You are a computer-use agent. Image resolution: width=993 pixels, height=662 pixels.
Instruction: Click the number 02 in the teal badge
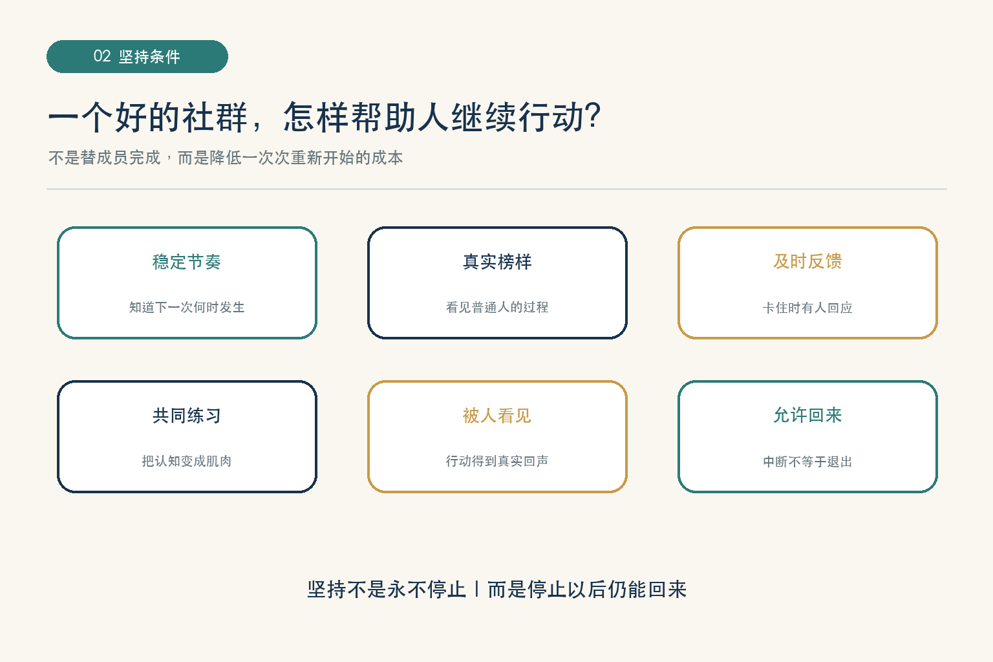pos(102,56)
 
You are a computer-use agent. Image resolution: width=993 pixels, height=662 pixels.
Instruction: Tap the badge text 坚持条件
pos(149,57)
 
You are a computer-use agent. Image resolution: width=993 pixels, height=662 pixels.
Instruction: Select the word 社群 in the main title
pos(215,117)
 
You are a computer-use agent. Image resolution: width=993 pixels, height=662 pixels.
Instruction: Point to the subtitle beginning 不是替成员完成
pos(226,157)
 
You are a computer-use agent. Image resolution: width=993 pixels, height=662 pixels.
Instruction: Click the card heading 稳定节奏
pos(187,262)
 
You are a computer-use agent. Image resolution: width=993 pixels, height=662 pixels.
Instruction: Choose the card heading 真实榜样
pos(497,262)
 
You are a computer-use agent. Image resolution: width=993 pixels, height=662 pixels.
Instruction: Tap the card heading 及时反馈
pos(807,262)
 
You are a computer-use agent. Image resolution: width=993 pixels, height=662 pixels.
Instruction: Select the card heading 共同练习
pos(187,416)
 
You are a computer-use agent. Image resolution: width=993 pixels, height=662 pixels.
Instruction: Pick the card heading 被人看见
pos(497,416)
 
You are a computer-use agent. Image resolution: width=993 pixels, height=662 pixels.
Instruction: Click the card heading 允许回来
pos(807,415)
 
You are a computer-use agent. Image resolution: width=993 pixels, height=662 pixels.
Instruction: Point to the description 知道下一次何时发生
pos(187,307)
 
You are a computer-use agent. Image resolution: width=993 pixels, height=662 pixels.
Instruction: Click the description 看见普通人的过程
pos(497,307)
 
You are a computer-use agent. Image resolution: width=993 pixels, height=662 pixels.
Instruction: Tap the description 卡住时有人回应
pos(807,307)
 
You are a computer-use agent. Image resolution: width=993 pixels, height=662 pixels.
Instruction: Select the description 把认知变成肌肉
pos(187,461)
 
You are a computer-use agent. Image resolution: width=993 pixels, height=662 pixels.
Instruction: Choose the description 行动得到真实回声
pos(497,461)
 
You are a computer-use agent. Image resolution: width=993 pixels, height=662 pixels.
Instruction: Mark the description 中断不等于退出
pos(807,462)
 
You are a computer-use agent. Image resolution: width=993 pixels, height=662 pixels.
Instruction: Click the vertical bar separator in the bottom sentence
pos(476,589)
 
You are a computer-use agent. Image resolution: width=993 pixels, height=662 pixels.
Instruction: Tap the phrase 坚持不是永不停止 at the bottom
pos(387,590)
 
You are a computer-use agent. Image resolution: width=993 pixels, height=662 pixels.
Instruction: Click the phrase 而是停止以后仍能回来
pos(587,590)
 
